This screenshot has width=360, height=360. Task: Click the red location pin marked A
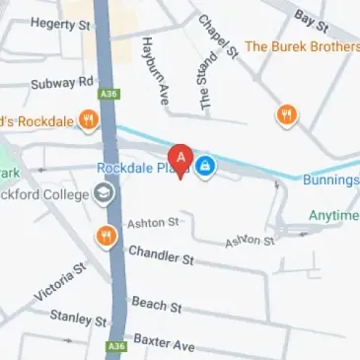180,159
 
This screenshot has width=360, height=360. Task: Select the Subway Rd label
61,82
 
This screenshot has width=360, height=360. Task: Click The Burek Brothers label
301,45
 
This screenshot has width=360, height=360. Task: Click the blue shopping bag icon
203,167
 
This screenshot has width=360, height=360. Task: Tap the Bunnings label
330,180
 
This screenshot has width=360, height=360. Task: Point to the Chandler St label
161,255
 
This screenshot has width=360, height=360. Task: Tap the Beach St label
158,306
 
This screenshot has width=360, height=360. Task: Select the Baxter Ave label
165,344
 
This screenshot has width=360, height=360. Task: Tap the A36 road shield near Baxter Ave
116,346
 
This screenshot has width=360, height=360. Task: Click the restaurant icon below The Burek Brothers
287,114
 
